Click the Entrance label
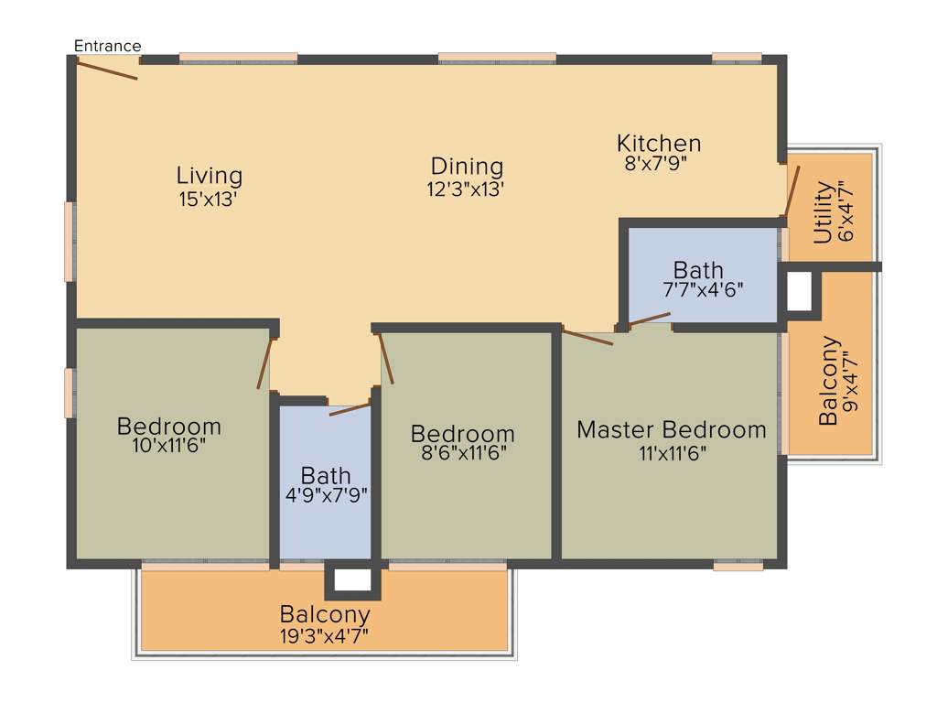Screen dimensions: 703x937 (x=107, y=46)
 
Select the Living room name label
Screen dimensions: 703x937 (x=210, y=175)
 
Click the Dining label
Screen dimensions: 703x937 (x=468, y=167)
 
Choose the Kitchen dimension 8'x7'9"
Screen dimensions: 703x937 (x=654, y=164)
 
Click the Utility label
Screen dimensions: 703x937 (x=824, y=212)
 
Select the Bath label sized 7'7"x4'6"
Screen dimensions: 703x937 (x=698, y=270)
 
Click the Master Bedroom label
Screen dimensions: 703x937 (x=672, y=429)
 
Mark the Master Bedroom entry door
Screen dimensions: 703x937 (x=587, y=337)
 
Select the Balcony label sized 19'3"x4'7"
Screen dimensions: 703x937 (x=325, y=613)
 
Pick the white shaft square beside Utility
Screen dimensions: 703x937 (x=799, y=292)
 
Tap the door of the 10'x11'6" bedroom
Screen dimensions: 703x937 (x=266, y=363)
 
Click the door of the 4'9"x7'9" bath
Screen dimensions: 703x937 (x=350, y=408)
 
